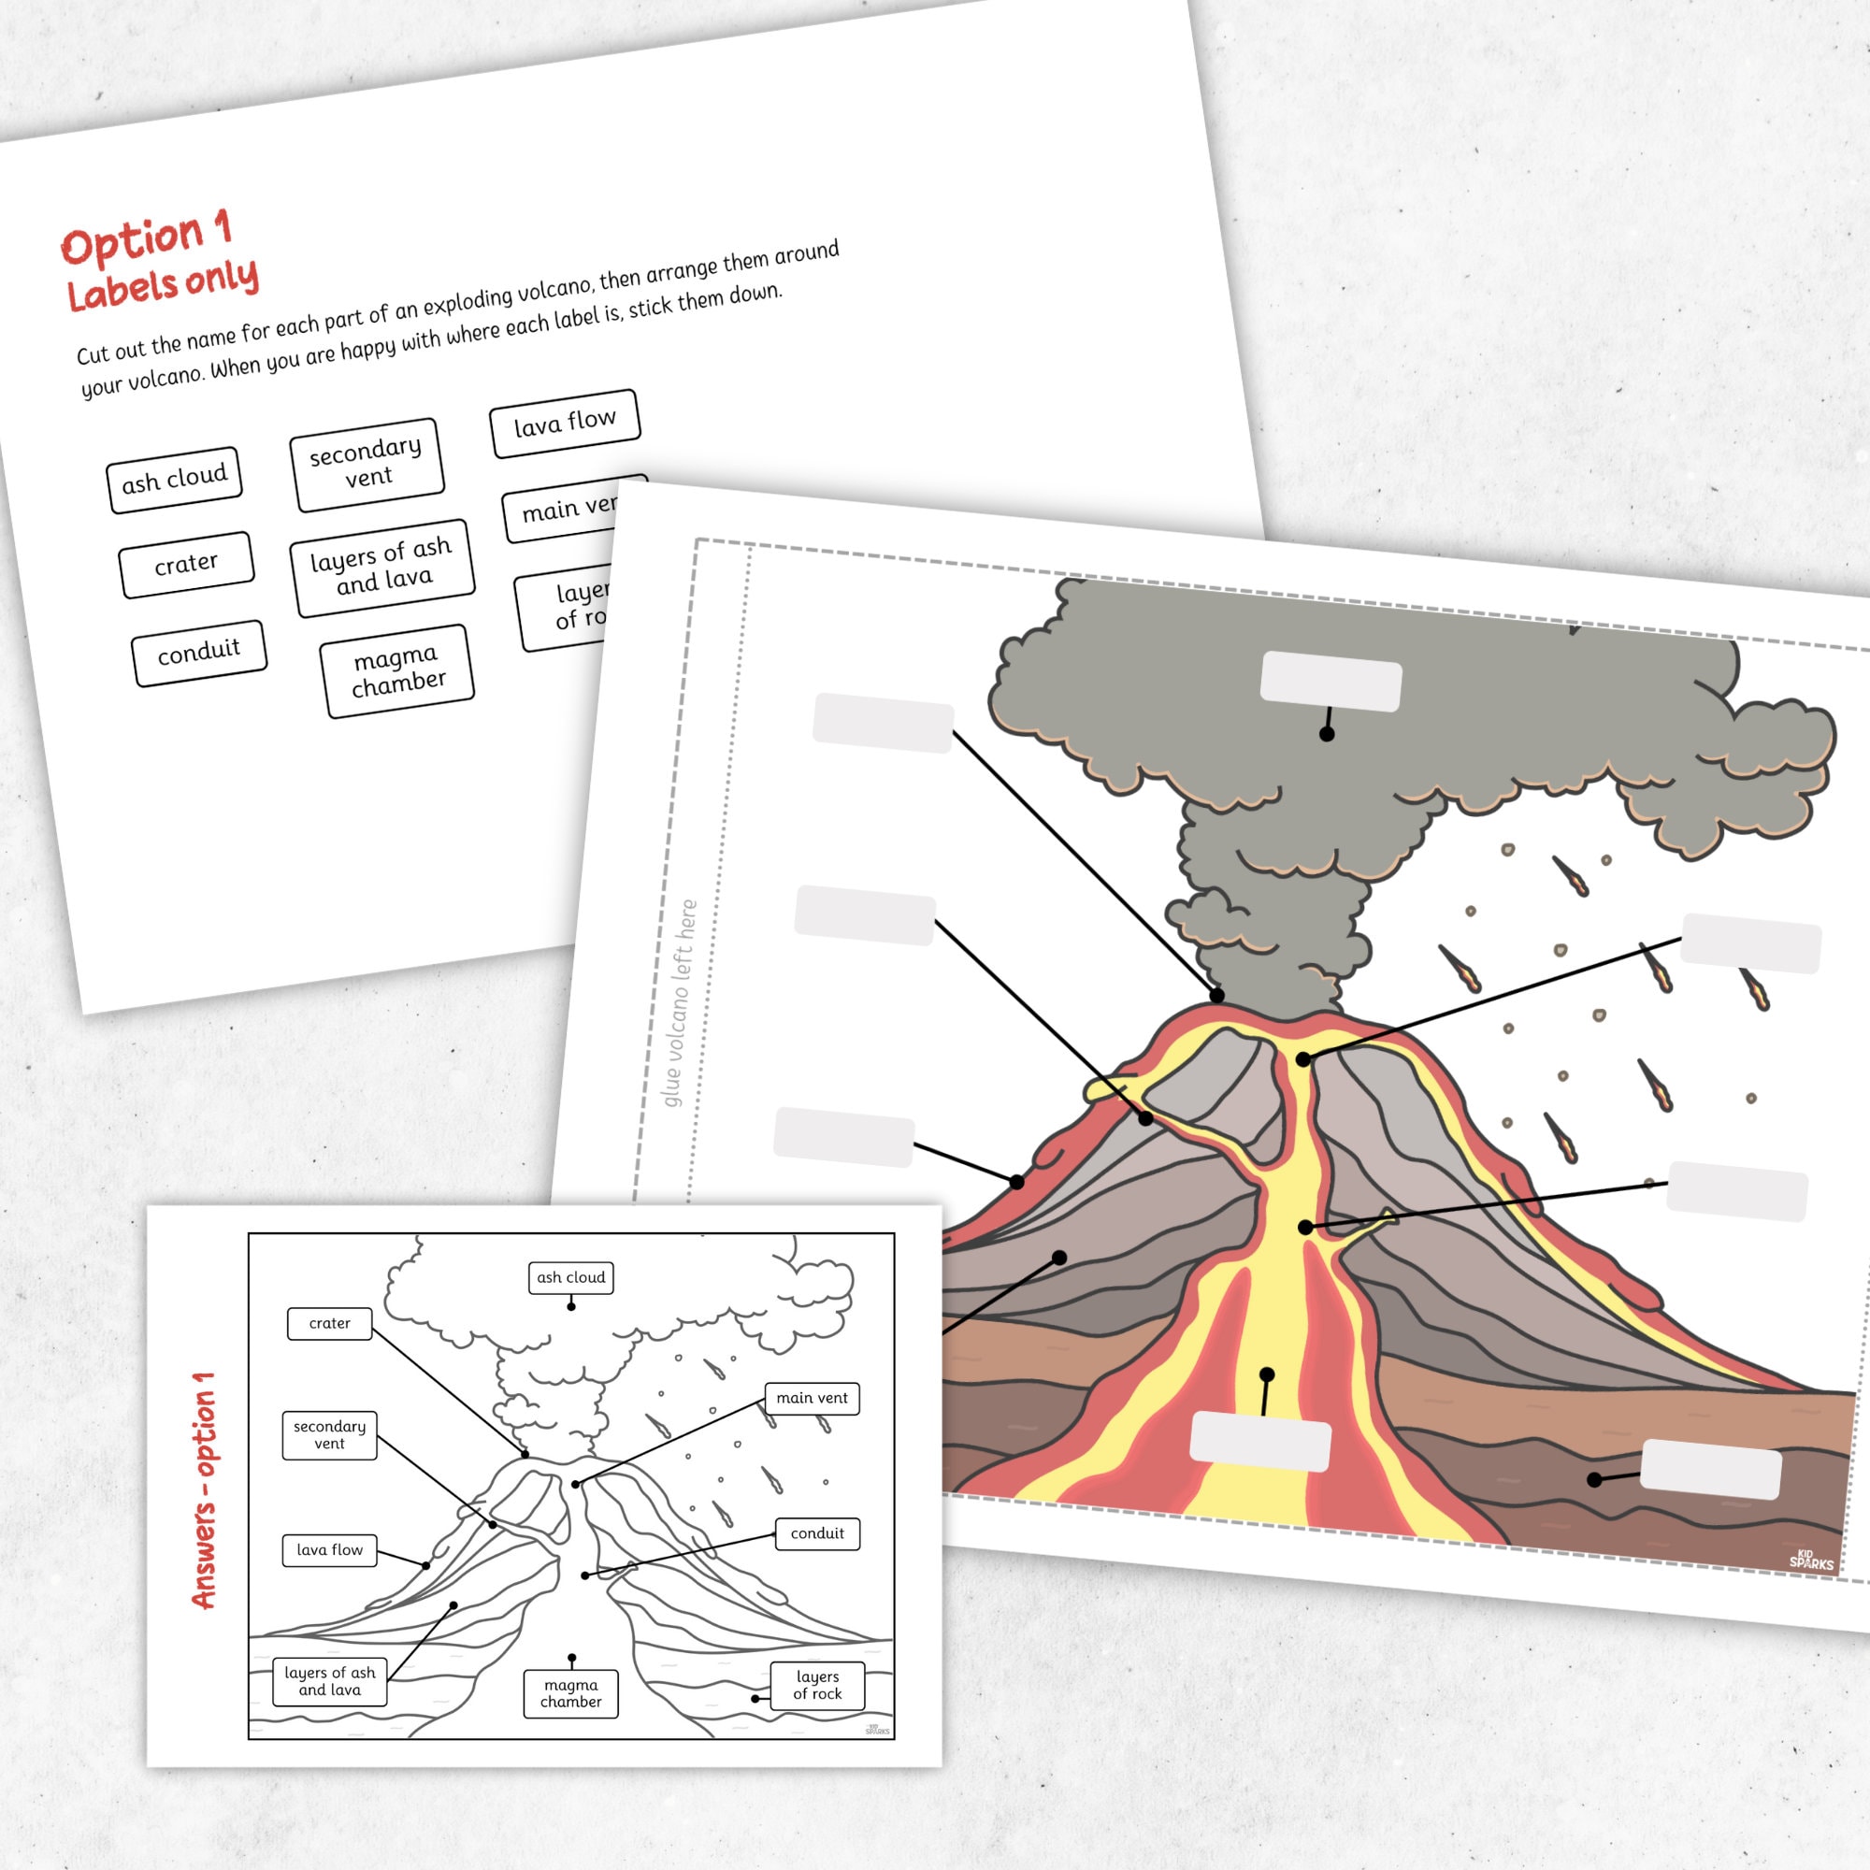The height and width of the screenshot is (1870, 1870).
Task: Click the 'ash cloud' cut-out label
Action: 173,478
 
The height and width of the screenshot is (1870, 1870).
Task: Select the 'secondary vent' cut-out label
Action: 366,464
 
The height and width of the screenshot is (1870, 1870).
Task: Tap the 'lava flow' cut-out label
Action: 565,423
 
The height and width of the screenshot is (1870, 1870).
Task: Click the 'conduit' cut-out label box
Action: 198,653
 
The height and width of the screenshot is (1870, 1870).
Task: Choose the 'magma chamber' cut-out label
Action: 396,670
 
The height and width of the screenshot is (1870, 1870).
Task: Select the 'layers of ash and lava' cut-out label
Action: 381,567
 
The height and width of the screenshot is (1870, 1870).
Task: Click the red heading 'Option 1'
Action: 147,238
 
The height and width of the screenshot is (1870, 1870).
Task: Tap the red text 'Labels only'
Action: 163,284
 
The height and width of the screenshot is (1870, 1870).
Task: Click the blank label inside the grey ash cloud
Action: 1331,682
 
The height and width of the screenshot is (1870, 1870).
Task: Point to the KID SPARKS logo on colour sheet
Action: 1810,1560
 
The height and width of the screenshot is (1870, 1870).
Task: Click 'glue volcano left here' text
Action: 680,1002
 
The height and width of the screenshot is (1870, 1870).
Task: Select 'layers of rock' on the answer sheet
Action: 817,1685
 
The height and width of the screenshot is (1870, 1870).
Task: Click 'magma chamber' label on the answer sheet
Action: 571,1694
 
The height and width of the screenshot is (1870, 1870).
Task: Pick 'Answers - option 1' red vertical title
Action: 204,1490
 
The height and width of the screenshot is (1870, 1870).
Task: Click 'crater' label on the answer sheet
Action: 329,1323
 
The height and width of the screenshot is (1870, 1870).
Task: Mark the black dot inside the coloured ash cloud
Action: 1327,735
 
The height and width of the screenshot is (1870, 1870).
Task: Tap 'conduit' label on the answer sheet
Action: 817,1533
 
